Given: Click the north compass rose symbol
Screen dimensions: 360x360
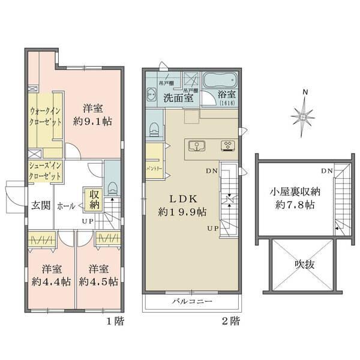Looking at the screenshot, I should click(x=305, y=113).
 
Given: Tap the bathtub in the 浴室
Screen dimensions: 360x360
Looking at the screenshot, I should click(x=221, y=80).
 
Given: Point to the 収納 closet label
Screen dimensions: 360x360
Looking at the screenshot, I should click(x=95, y=199).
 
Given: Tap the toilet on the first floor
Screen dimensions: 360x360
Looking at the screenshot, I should click(x=112, y=187).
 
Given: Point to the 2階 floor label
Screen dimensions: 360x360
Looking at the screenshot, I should click(x=230, y=322).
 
